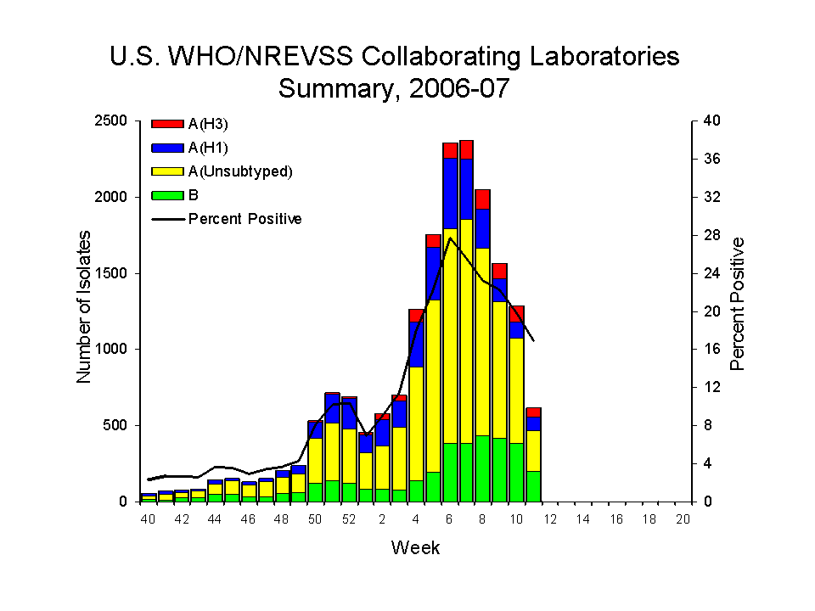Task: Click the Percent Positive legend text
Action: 244,219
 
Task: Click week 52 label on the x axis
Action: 348,519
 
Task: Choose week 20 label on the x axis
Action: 683,519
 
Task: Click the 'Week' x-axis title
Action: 415,547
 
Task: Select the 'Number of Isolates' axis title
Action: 84,311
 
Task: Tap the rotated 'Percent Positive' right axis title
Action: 737,304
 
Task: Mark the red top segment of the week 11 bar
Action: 533,412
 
